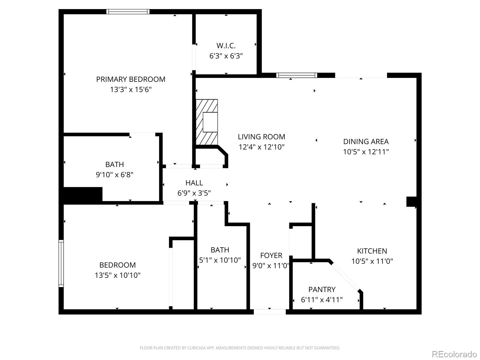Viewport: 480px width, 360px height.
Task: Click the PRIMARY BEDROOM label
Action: (130, 79)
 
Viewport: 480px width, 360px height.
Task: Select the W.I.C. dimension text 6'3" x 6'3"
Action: (226, 56)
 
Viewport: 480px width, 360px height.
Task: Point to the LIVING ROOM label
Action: (261, 137)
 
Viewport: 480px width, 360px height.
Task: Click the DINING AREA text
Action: (366, 142)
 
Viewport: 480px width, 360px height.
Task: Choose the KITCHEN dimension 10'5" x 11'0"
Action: (372, 261)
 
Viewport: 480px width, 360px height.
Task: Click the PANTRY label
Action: (322, 289)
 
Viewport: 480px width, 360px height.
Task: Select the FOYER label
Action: (271, 255)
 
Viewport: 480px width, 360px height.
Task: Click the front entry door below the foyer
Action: (270, 312)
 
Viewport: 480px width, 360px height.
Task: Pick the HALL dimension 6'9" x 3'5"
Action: (194, 193)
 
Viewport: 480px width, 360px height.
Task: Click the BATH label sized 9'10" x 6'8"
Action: (114, 164)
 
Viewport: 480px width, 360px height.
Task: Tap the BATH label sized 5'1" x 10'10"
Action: (220, 250)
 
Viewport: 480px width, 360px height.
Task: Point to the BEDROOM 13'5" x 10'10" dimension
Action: (118, 275)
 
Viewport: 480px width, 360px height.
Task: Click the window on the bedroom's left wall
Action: (61, 263)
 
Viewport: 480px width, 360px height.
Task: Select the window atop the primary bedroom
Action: (128, 12)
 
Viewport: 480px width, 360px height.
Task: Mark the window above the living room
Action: (296, 75)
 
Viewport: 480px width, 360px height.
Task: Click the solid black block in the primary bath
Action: (83, 194)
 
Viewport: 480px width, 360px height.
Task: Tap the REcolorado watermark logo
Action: (454, 354)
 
